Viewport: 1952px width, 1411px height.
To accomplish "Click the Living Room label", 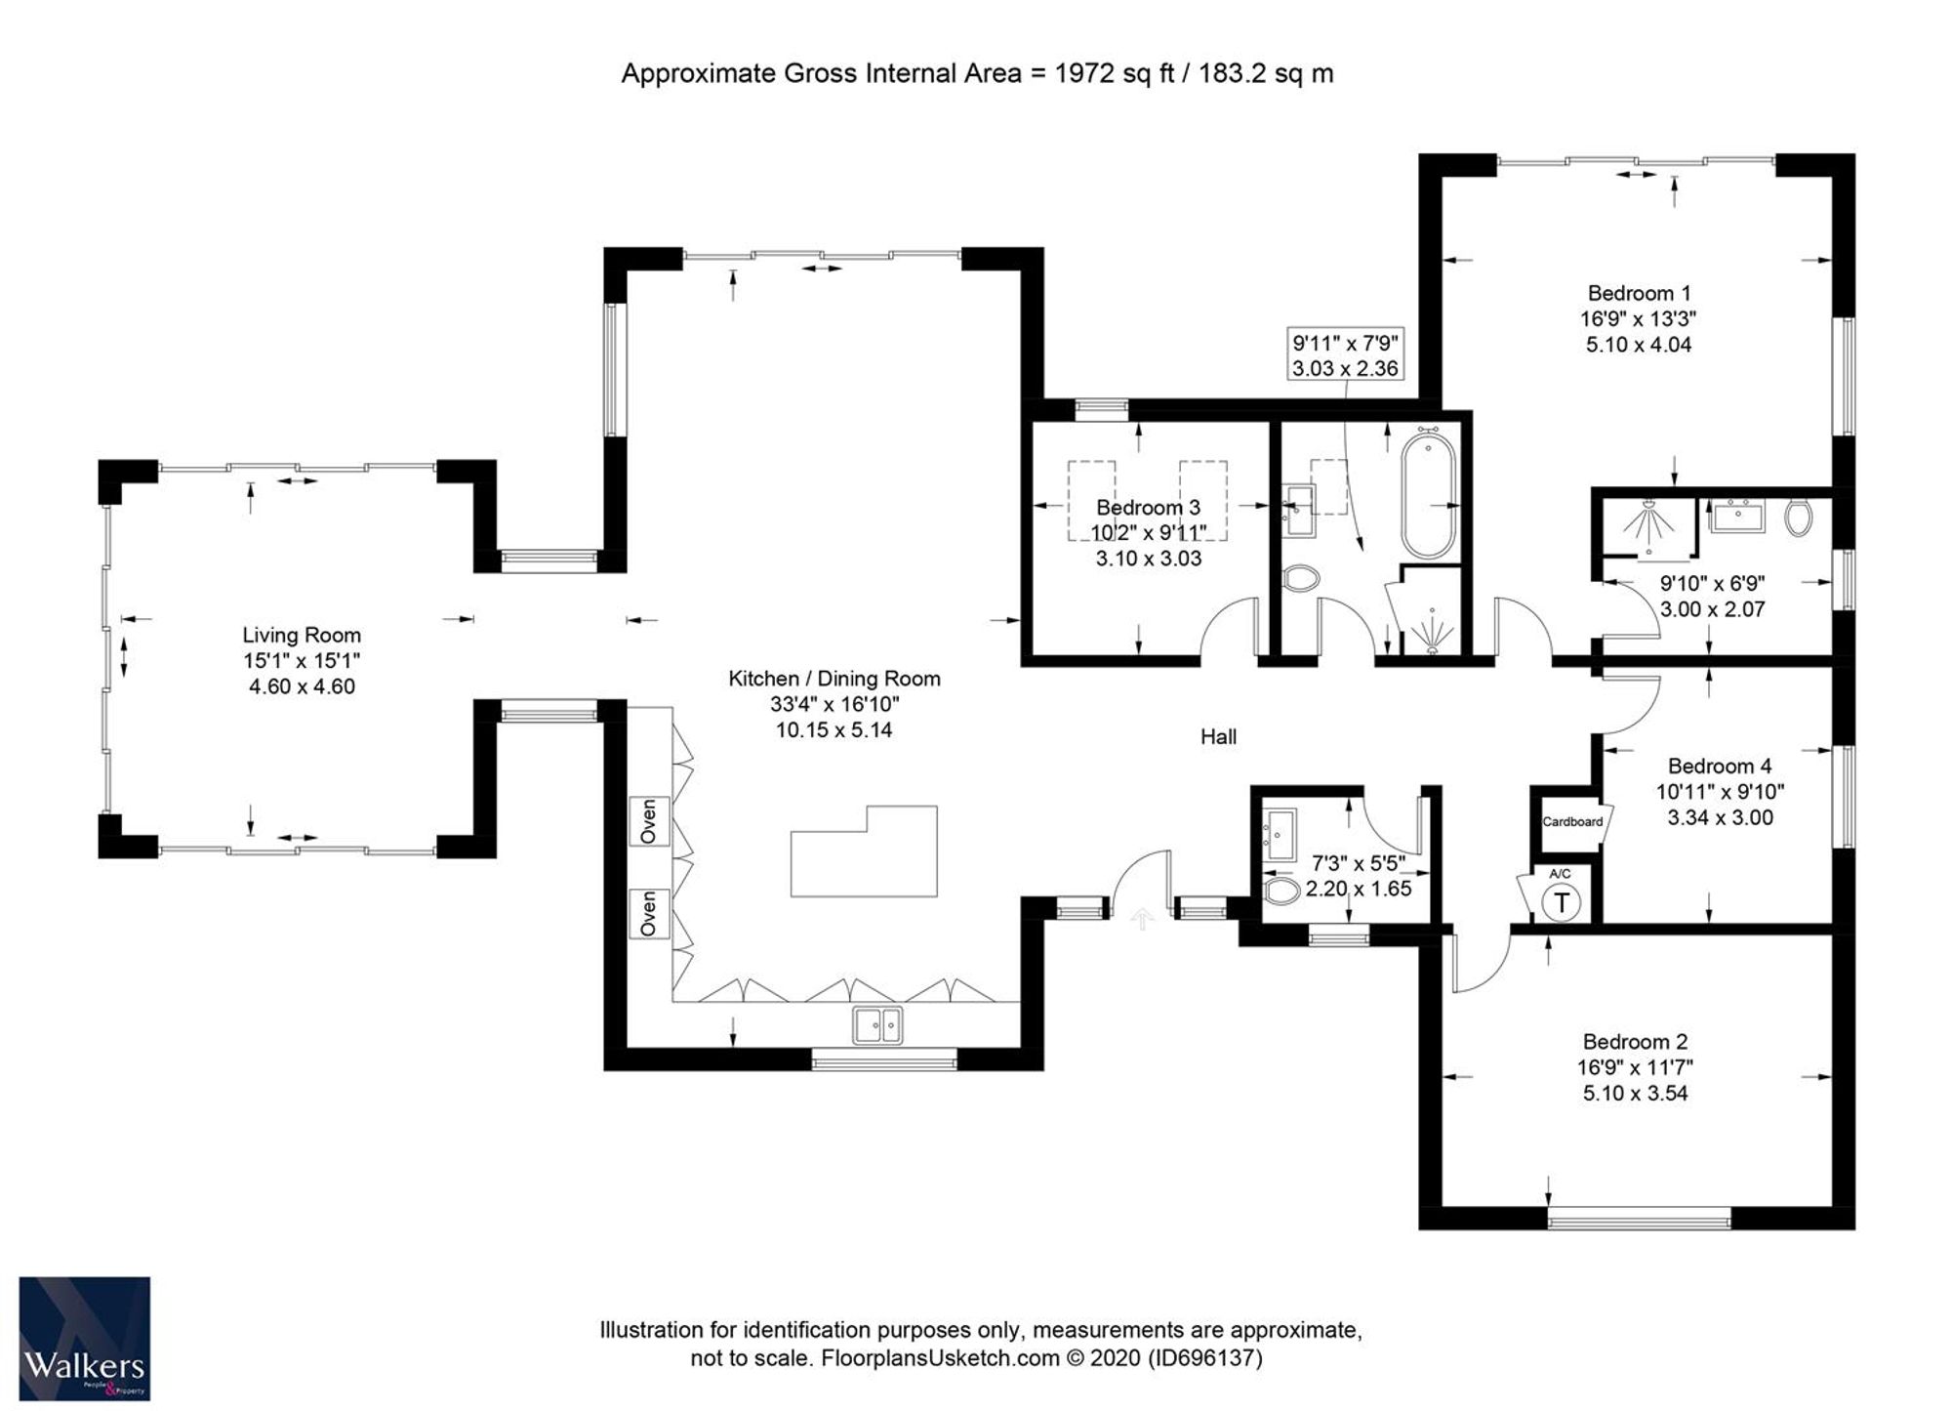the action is coord(302,635).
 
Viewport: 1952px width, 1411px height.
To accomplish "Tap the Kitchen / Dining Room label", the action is coord(834,679).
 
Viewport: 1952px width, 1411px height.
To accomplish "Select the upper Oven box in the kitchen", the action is coord(649,821).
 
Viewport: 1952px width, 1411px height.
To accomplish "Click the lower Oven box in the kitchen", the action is coord(649,913).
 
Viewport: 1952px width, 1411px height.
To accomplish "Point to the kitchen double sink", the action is coord(877,1025).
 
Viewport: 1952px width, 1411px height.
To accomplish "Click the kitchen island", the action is coord(864,852).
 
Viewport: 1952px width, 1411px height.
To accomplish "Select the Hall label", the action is coord(1218,737).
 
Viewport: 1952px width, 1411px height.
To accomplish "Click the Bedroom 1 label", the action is coord(1639,293).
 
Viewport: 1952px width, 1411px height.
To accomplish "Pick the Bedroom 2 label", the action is coord(1635,1042).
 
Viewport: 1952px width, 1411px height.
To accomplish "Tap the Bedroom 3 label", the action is coord(1148,508).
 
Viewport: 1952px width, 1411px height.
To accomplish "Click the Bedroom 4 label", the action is coord(1719,767).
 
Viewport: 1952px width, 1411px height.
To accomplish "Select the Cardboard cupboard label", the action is coord(1572,821).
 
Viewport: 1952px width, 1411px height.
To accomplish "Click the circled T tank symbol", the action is coord(1562,902).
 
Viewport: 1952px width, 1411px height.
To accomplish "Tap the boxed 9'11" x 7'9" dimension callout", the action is coord(1346,355).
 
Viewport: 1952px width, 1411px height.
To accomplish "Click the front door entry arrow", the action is coord(1142,918).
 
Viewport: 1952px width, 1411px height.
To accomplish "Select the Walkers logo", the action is coord(85,1338).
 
